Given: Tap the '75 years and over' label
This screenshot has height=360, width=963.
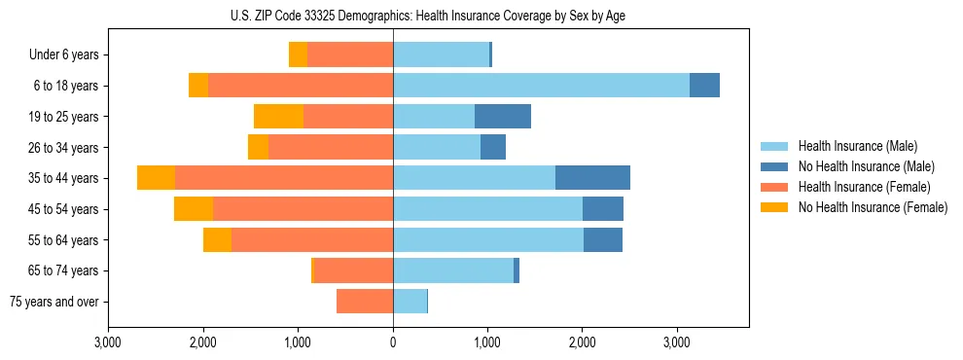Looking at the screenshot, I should [x=54, y=302].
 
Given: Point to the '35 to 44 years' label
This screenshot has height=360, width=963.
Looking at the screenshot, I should [x=64, y=178].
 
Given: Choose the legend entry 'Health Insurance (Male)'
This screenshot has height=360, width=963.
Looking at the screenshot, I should [x=857, y=147].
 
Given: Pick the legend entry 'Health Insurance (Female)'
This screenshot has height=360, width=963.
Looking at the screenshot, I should [x=864, y=187].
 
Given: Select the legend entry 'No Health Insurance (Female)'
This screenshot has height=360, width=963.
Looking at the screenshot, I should [x=873, y=207].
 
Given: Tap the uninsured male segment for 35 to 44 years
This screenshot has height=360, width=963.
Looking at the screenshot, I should [x=592, y=178].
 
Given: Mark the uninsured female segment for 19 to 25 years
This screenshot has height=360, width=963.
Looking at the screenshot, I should [x=278, y=117].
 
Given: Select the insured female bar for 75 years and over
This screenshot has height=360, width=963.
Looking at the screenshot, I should [x=365, y=302].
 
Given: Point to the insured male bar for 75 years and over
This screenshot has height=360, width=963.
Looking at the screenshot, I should [x=410, y=302].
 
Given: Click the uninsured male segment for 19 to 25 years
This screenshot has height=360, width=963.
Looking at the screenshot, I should [x=503, y=117].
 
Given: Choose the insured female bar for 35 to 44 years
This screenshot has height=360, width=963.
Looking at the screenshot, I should [x=284, y=178].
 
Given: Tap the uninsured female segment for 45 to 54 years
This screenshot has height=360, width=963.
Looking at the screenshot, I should [x=194, y=209].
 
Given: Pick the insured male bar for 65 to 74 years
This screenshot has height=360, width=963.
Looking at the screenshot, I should [x=453, y=270].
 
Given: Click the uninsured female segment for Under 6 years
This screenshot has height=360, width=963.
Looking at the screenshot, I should [x=298, y=55].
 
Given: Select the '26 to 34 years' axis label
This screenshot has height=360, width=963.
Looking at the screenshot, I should [x=64, y=148].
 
